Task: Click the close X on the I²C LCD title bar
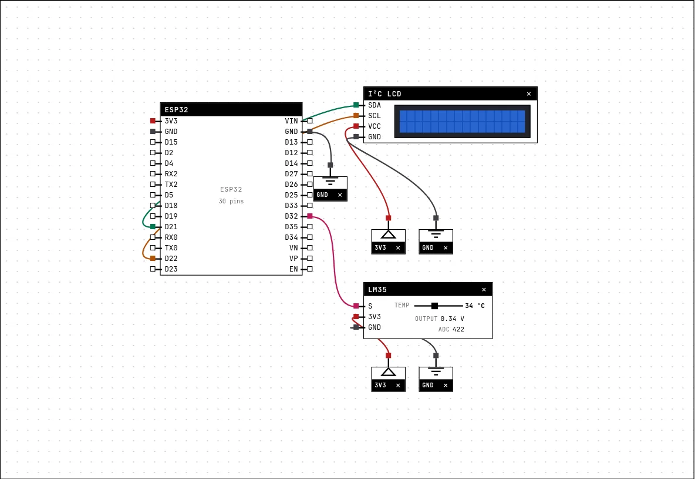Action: point(528,94)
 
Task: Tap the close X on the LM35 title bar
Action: point(484,290)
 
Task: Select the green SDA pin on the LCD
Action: point(356,105)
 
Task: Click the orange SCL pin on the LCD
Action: point(356,116)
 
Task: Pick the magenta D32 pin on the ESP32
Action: point(310,216)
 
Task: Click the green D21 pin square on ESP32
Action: point(153,227)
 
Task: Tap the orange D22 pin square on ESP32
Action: point(153,259)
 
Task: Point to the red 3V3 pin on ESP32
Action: point(153,120)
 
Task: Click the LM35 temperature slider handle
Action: point(434,306)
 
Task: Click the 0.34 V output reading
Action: point(452,319)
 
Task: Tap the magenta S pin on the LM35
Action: point(356,306)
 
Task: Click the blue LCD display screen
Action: point(463,121)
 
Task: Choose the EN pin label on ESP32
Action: point(293,269)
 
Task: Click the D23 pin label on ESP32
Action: point(171,269)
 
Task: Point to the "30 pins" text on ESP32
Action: point(231,201)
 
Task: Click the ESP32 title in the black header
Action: point(177,110)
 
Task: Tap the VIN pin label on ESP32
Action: point(291,120)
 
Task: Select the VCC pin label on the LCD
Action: point(375,126)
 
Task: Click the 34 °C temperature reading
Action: point(475,306)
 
